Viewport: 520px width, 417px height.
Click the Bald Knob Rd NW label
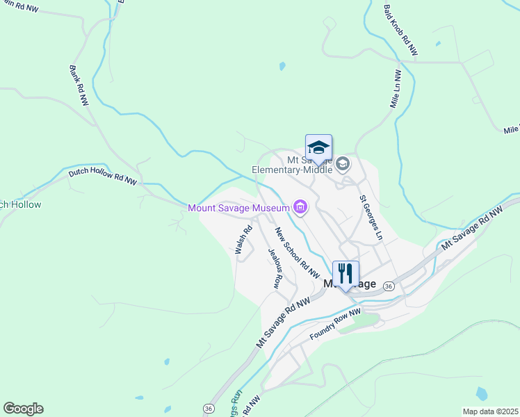click(401, 31)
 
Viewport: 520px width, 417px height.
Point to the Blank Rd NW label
click(79, 85)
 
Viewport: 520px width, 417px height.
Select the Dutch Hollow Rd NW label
click(102, 177)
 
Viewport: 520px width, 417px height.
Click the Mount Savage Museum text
click(238, 208)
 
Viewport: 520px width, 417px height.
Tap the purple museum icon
click(300, 206)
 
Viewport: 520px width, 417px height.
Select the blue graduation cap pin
click(318, 147)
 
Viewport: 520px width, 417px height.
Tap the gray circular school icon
click(342, 164)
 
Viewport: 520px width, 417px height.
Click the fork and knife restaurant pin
click(346, 274)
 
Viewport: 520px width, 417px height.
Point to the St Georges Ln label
click(371, 218)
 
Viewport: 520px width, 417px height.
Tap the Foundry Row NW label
click(335, 325)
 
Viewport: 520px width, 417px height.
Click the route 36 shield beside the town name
click(389, 286)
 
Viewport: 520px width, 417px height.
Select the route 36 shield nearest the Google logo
click(208, 409)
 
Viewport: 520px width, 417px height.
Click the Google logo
click(23, 409)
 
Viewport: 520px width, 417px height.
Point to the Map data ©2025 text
click(490, 411)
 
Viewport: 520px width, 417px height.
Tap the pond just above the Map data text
click(482, 394)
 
